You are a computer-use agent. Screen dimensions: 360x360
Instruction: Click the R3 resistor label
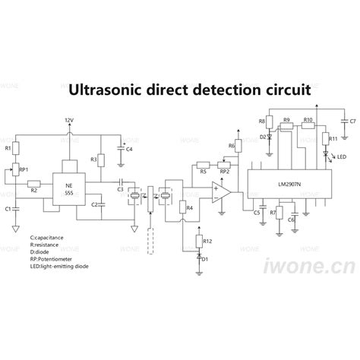[x=93, y=159]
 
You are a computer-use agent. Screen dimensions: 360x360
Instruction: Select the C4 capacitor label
[x=129, y=150]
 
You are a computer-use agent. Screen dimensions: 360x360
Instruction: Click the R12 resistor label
[x=209, y=241]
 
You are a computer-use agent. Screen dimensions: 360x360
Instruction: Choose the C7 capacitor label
[x=353, y=121]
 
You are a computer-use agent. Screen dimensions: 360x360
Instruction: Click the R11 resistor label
[x=333, y=138]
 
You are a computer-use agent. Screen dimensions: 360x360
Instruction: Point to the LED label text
[x=343, y=157]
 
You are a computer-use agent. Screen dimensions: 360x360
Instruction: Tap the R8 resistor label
[x=262, y=122]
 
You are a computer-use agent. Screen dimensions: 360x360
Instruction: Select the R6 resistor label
[x=231, y=145]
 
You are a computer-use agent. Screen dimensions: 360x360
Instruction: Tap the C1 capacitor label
[x=8, y=207]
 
